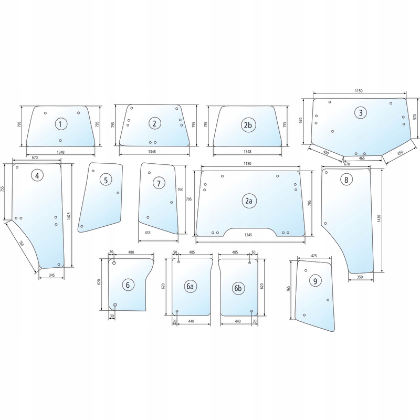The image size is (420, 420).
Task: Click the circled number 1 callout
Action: [x=61, y=124]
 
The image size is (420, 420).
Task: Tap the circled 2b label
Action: [x=248, y=125]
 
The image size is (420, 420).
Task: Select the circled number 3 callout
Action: [x=360, y=112]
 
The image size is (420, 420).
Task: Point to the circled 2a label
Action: [x=249, y=201]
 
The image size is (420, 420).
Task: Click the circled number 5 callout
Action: [x=106, y=180]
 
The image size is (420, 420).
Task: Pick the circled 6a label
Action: [x=190, y=286]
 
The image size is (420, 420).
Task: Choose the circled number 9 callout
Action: [x=315, y=281]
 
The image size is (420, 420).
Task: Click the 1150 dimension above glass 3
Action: [x=359, y=91]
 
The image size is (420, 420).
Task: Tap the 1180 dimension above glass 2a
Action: [x=248, y=164]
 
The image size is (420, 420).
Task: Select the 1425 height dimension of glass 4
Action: [x=69, y=216]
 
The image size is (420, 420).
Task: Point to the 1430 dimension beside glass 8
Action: [x=379, y=218]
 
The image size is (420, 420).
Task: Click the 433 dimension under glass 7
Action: [x=148, y=233]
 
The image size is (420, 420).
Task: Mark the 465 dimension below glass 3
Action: [x=362, y=159]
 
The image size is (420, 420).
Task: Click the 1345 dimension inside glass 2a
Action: [x=248, y=235]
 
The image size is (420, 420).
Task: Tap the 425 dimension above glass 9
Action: [x=314, y=256]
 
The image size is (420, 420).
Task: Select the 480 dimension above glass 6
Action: [x=131, y=253]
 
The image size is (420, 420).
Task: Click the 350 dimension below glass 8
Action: [x=360, y=277]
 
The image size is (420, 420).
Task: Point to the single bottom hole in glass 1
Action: [x=60, y=140]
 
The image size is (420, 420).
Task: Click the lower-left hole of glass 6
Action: [x=115, y=305]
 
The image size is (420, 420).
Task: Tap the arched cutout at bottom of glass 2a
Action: [x=250, y=228]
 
